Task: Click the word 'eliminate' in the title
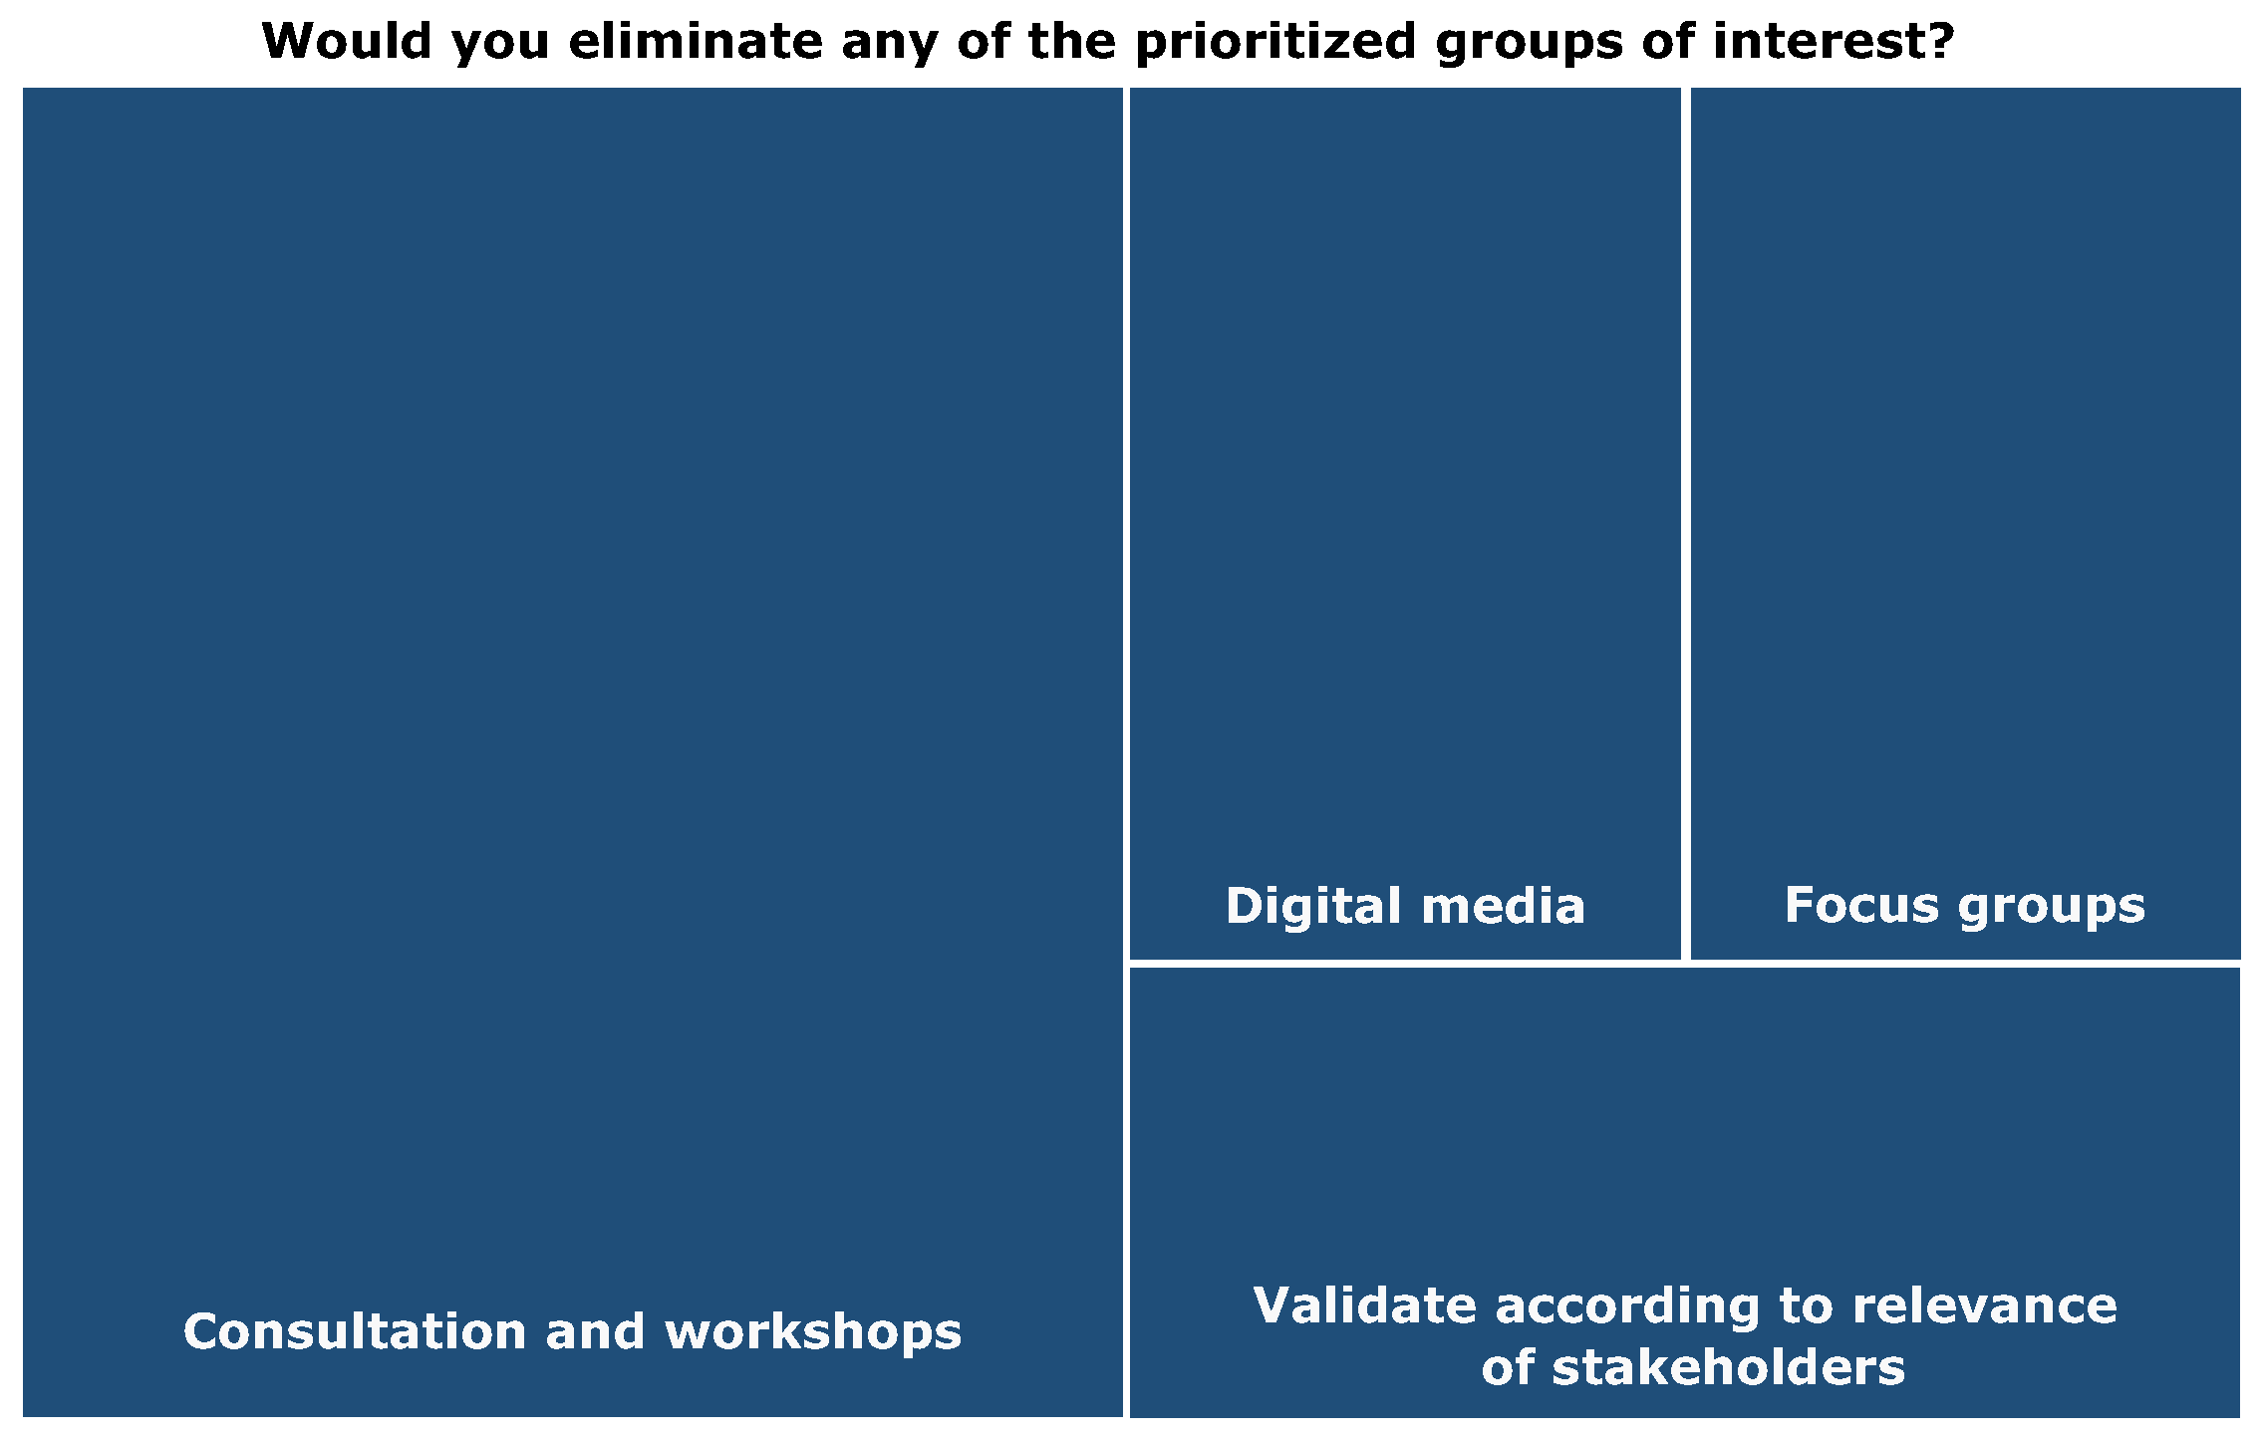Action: (696, 41)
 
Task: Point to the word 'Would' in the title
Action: (348, 41)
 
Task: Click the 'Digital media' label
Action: (1405, 906)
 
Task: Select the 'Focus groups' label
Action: (1965, 907)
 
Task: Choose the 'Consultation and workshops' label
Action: (573, 1331)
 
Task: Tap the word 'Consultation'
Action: (355, 1331)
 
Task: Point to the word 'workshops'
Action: (813, 1332)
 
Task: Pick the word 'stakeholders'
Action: (1728, 1366)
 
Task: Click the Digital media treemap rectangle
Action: (1405, 523)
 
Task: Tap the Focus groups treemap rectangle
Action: (1966, 523)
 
